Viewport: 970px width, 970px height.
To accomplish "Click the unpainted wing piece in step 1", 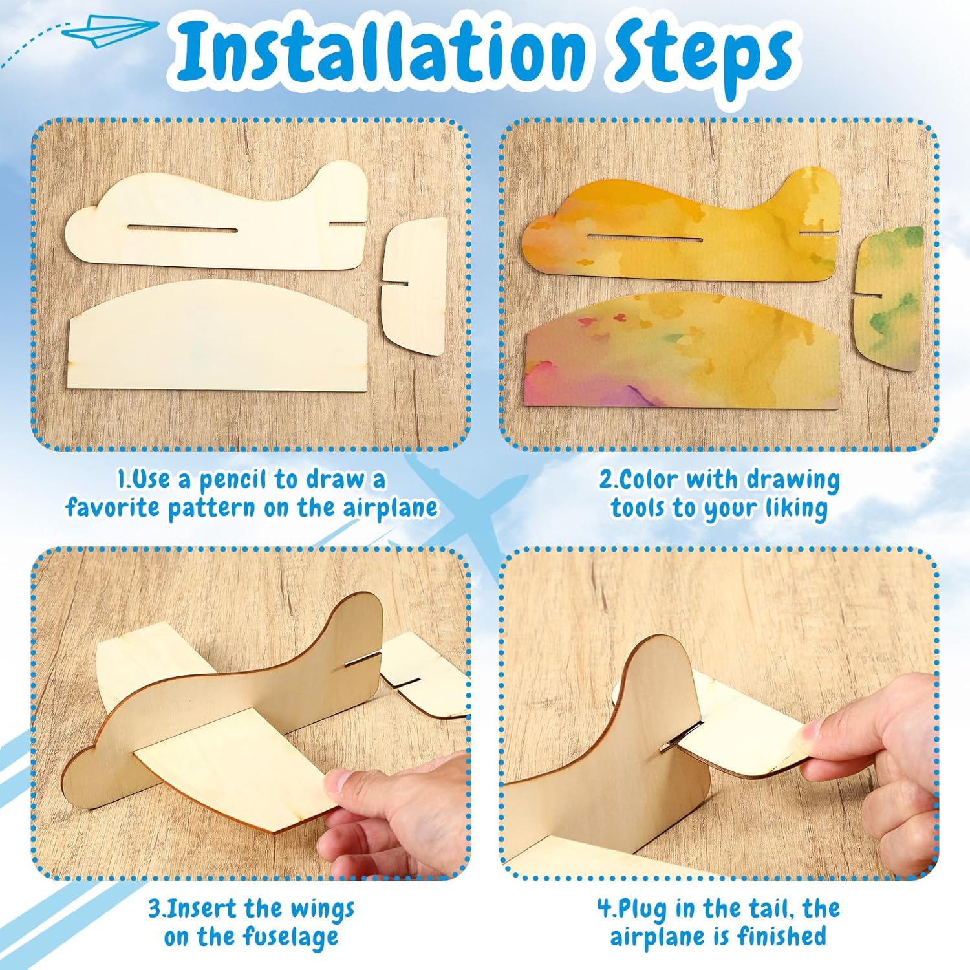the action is (x=218, y=336).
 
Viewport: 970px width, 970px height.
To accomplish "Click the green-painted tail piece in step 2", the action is (x=888, y=298).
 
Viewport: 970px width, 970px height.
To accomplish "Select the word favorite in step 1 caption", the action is (x=113, y=507).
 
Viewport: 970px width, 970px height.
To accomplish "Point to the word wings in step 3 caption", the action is (x=322, y=909).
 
